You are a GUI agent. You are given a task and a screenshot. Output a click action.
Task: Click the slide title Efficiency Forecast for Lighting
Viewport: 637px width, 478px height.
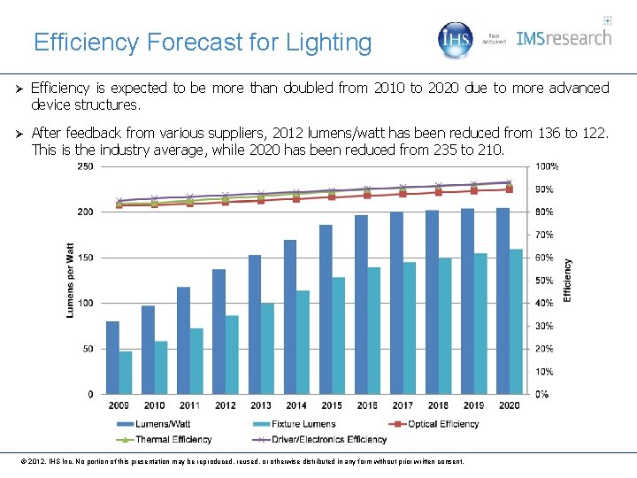coord(203,42)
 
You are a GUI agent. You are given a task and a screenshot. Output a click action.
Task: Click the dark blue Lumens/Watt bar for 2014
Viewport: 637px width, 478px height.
coord(290,317)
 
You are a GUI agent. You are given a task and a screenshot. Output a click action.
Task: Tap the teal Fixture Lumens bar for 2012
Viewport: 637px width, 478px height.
coord(232,354)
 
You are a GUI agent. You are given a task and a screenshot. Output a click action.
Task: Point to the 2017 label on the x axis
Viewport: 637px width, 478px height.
coord(403,405)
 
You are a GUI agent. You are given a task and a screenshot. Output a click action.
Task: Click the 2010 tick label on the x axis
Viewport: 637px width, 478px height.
coord(154,405)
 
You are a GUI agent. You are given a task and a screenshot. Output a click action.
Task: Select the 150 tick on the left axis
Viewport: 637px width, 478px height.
coord(86,258)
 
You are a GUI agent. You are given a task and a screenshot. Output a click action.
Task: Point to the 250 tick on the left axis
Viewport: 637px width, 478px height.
coord(86,166)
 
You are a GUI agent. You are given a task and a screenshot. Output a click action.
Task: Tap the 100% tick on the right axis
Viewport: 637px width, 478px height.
coord(547,166)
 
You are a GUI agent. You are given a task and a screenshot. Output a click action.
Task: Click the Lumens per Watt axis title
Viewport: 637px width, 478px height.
coord(70,280)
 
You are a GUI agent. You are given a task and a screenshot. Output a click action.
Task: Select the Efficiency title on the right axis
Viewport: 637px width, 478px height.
coord(568,280)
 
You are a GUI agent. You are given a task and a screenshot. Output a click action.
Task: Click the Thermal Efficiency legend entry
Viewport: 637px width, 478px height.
coord(165,439)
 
